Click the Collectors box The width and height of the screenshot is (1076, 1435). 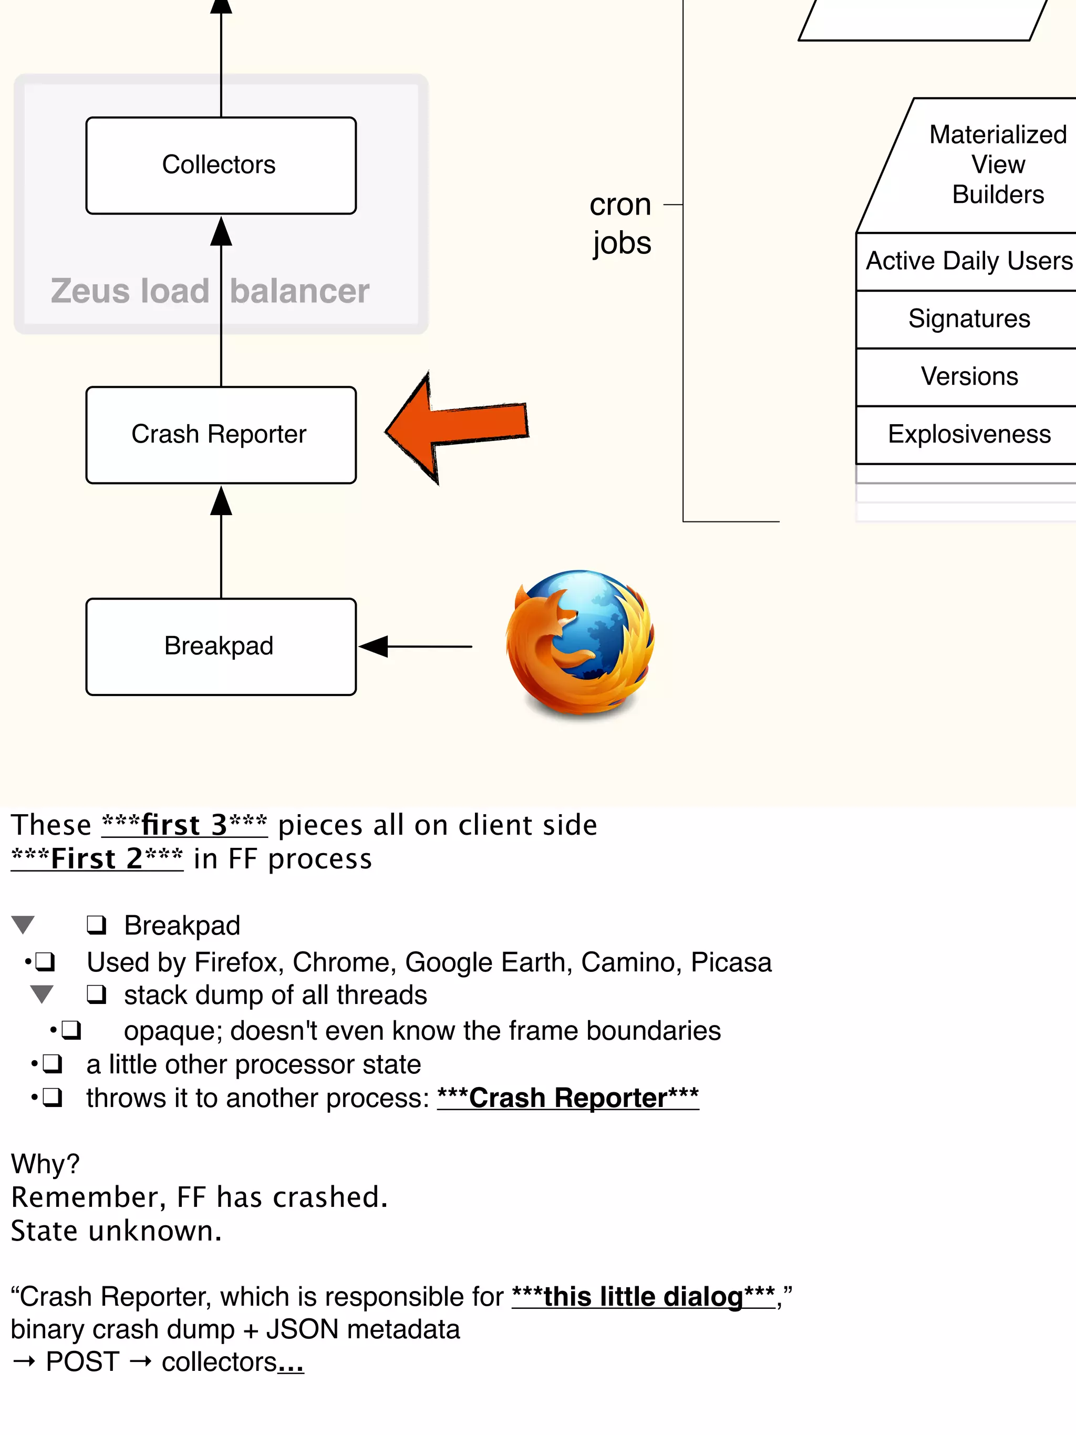(221, 165)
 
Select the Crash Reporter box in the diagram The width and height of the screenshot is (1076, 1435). (221, 434)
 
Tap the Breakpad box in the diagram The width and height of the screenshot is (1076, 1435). (221, 646)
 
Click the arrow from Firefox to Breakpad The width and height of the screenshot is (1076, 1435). (415, 646)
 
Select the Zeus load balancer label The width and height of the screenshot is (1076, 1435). (210, 291)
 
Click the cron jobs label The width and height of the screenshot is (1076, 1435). (620, 224)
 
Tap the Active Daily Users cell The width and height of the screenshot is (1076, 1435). (968, 261)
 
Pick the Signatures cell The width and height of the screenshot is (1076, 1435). (968, 319)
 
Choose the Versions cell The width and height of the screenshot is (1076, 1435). (968, 376)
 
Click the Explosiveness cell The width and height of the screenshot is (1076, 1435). (968, 434)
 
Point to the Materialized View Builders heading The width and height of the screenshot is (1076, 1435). (998, 165)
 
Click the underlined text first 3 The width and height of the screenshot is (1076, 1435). (184, 825)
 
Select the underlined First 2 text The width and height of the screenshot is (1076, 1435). (97, 859)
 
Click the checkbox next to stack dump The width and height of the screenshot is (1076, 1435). (97, 994)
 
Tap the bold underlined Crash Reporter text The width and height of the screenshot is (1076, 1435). (567, 1098)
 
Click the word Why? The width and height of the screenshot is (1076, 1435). (45, 1164)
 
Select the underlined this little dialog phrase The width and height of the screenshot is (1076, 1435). (644, 1296)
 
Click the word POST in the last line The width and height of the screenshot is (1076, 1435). (82, 1362)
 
